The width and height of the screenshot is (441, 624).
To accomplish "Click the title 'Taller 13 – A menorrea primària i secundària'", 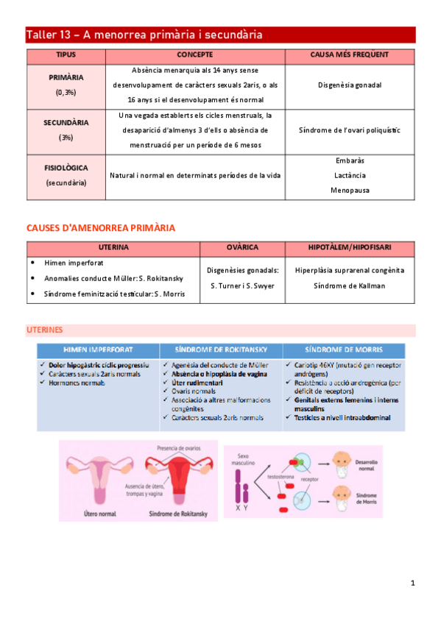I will [x=144, y=35].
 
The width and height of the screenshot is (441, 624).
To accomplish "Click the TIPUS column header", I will [x=66, y=55].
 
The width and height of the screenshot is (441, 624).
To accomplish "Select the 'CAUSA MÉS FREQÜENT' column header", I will [x=350, y=55].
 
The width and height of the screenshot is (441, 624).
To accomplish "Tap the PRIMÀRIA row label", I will [x=66, y=77].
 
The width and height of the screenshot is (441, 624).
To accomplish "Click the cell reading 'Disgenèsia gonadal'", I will [x=350, y=85].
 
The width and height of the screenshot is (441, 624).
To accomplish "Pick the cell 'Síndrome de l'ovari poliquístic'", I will [x=350, y=130].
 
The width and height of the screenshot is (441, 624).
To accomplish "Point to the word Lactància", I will [x=350, y=175].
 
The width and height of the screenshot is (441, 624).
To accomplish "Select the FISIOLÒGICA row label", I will [x=66, y=168].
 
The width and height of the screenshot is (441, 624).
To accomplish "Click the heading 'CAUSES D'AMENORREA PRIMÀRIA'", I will [x=100, y=228].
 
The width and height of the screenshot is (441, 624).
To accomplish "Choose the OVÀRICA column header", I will [x=241, y=248].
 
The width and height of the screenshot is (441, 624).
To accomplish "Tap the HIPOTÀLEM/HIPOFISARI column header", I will [x=350, y=248].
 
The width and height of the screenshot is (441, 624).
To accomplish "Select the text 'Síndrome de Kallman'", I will [x=350, y=286].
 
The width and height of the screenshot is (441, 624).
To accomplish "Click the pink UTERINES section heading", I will [x=44, y=330].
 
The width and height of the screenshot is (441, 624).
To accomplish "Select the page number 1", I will [x=413, y=583].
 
